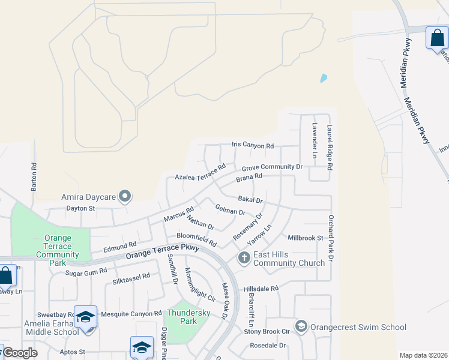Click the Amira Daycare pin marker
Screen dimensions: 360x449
(x=125, y=196)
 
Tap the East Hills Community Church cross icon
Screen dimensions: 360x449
(x=244, y=258)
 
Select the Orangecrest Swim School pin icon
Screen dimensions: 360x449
(x=301, y=326)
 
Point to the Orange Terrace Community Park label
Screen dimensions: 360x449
(x=58, y=250)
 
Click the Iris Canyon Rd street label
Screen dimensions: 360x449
(x=253, y=146)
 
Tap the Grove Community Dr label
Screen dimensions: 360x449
(x=272, y=167)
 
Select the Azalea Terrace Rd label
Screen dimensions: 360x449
(x=200, y=172)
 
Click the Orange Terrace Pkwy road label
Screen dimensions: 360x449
(x=162, y=251)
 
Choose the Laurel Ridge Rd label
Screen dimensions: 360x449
(x=329, y=148)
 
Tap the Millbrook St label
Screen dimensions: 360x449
(x=306, y=238)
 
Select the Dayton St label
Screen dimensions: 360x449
(x=80, y=208)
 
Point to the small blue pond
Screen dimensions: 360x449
(x=324, y=78)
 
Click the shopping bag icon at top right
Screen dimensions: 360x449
(x=437, y=38)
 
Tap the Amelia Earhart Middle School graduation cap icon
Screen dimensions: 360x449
(x=85, y=316)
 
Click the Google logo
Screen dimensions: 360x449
(x=20, y=352)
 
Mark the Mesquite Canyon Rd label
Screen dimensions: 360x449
(x=131, y=313)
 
